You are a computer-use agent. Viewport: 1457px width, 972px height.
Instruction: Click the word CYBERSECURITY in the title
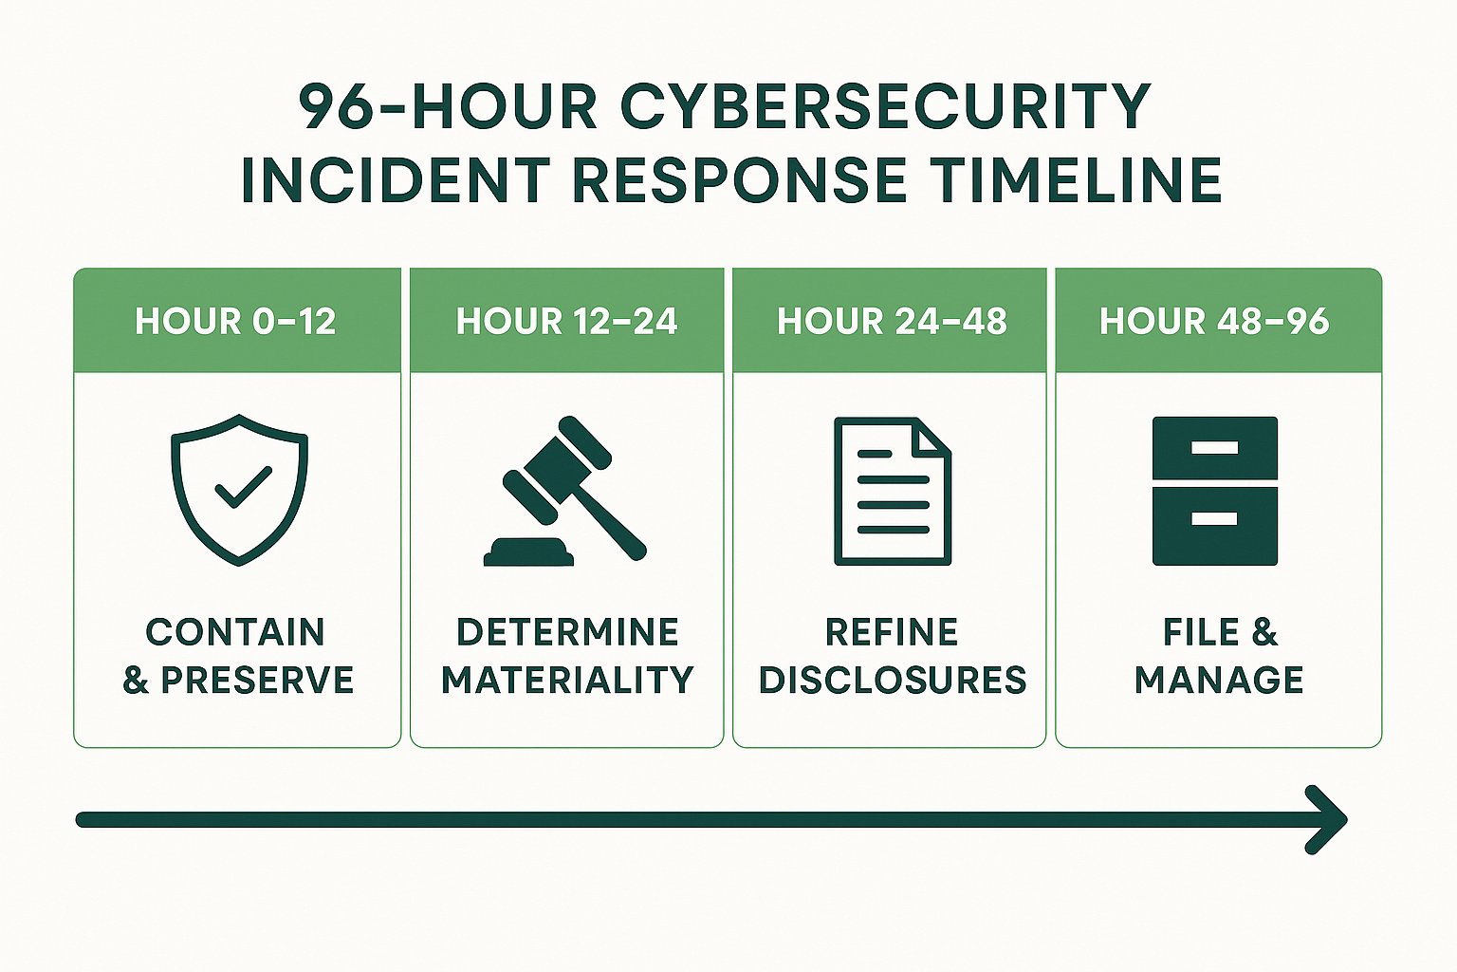pos(886,106)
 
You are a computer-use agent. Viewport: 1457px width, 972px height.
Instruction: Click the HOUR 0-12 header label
pos(236,322)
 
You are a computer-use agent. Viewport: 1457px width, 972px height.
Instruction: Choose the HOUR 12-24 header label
pos(567,322)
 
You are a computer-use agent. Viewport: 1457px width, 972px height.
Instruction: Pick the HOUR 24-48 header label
pos(892,322)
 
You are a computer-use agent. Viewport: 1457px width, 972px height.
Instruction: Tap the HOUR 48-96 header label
pos(1215,322)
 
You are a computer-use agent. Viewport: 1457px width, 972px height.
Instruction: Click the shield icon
pos(239,489)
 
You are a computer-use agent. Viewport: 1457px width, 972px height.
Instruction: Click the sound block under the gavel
pos(529,551)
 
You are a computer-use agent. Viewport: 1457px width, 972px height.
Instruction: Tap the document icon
pos(892,492)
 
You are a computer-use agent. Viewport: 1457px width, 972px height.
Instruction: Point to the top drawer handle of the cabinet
pos(1215,447)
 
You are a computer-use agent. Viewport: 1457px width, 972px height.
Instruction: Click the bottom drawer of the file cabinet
pos(1215,526)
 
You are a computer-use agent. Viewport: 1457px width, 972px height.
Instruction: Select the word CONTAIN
pos(236,632)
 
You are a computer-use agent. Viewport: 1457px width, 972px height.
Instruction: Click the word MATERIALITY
pos(567,681)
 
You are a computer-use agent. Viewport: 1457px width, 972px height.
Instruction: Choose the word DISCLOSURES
pos(893,681)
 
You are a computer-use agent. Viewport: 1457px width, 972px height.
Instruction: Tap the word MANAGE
pos(1219,681)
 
